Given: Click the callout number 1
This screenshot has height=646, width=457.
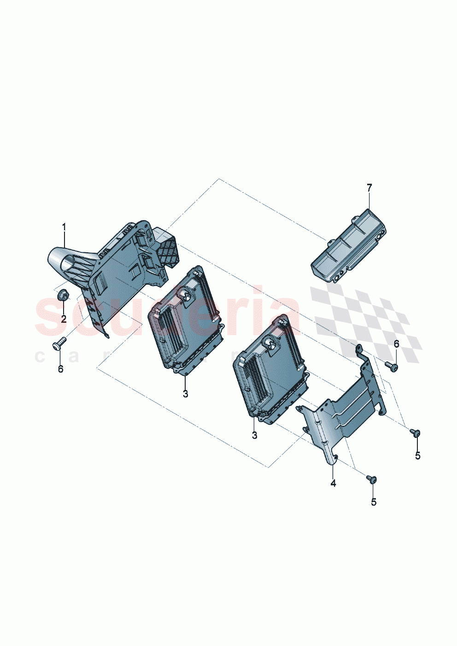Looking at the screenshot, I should click(x=64, y=227).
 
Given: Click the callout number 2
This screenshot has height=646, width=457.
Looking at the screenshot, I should click(x=64, y=319).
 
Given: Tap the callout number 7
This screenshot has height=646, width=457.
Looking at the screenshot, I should click(x=369, y=187).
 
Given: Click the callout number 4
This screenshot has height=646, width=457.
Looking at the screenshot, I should click(x=333, y=483).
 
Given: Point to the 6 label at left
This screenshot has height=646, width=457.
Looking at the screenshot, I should click(x=60, y=369).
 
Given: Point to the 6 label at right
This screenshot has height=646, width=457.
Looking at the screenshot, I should click(x=396, y=344).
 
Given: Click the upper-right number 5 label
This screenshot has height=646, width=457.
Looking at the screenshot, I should click(x=417, y=456).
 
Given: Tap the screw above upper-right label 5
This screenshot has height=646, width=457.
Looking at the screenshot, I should click(x=415, y=431).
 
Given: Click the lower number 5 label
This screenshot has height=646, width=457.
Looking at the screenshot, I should click(x=373, y=502).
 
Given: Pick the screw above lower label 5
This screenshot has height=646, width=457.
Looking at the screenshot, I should click(x=372, y=479).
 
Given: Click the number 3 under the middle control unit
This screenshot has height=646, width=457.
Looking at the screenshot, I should click(x=185, y=394).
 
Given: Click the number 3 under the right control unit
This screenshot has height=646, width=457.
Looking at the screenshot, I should click(x=254, y=435).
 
